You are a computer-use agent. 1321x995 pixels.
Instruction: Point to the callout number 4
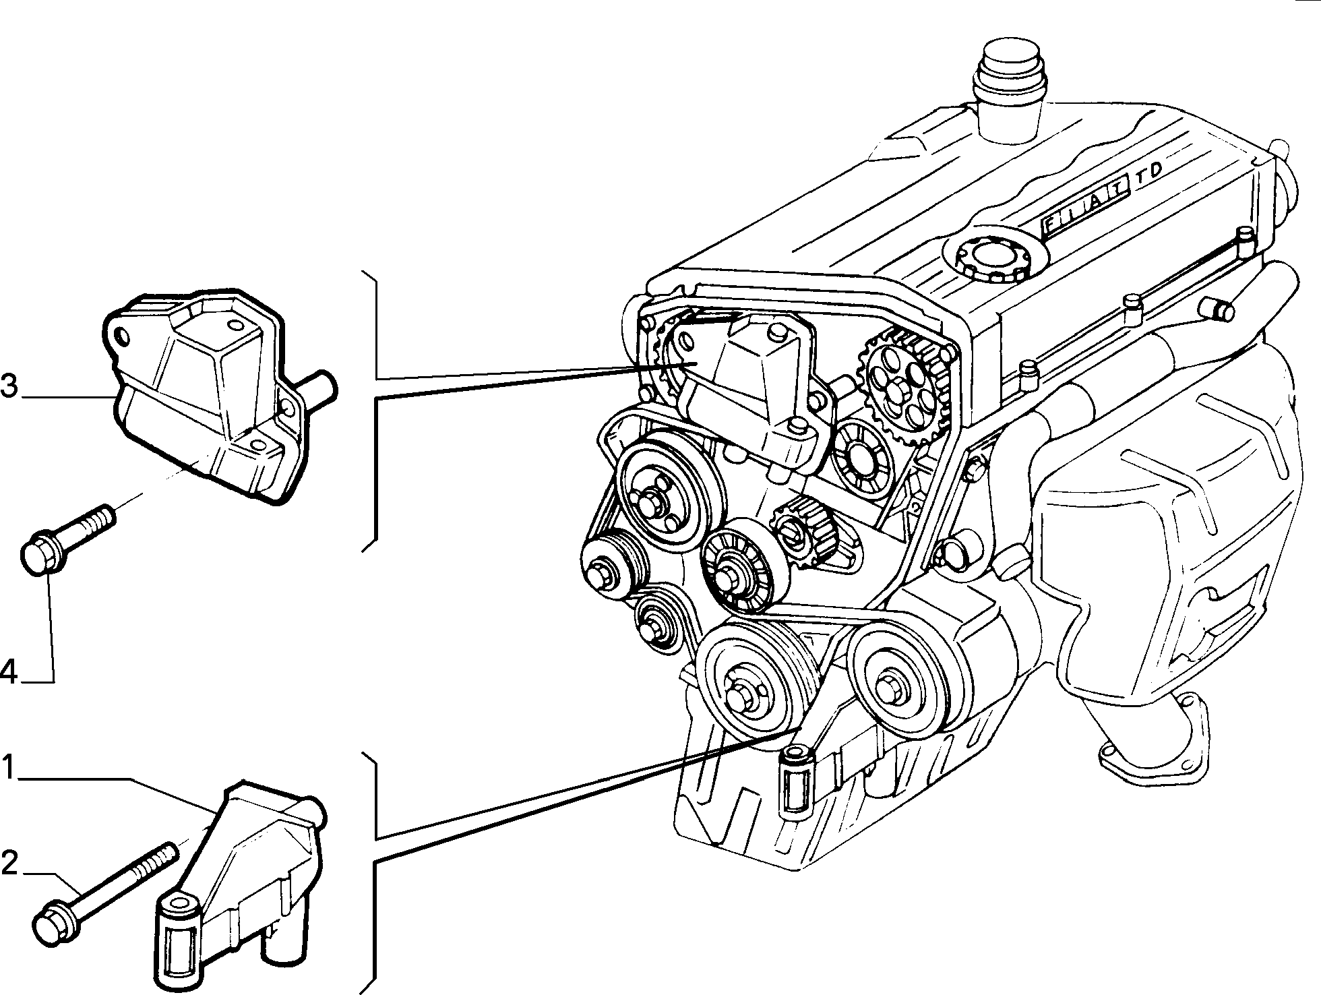click(9, 672)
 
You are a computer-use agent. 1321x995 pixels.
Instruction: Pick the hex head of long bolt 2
click(53, 923)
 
